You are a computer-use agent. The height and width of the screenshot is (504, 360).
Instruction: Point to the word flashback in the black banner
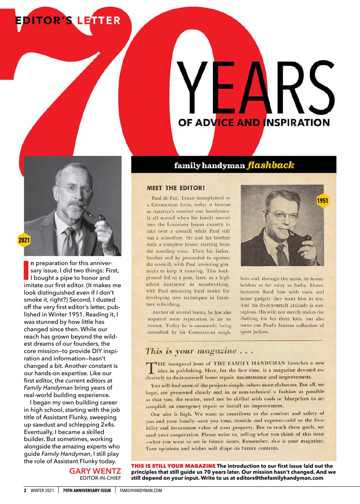(x=271, y=165)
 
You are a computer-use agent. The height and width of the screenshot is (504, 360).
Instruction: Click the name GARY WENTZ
(x=95, y=471)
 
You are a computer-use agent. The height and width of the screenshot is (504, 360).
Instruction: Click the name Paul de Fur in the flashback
(x=165, y=198)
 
